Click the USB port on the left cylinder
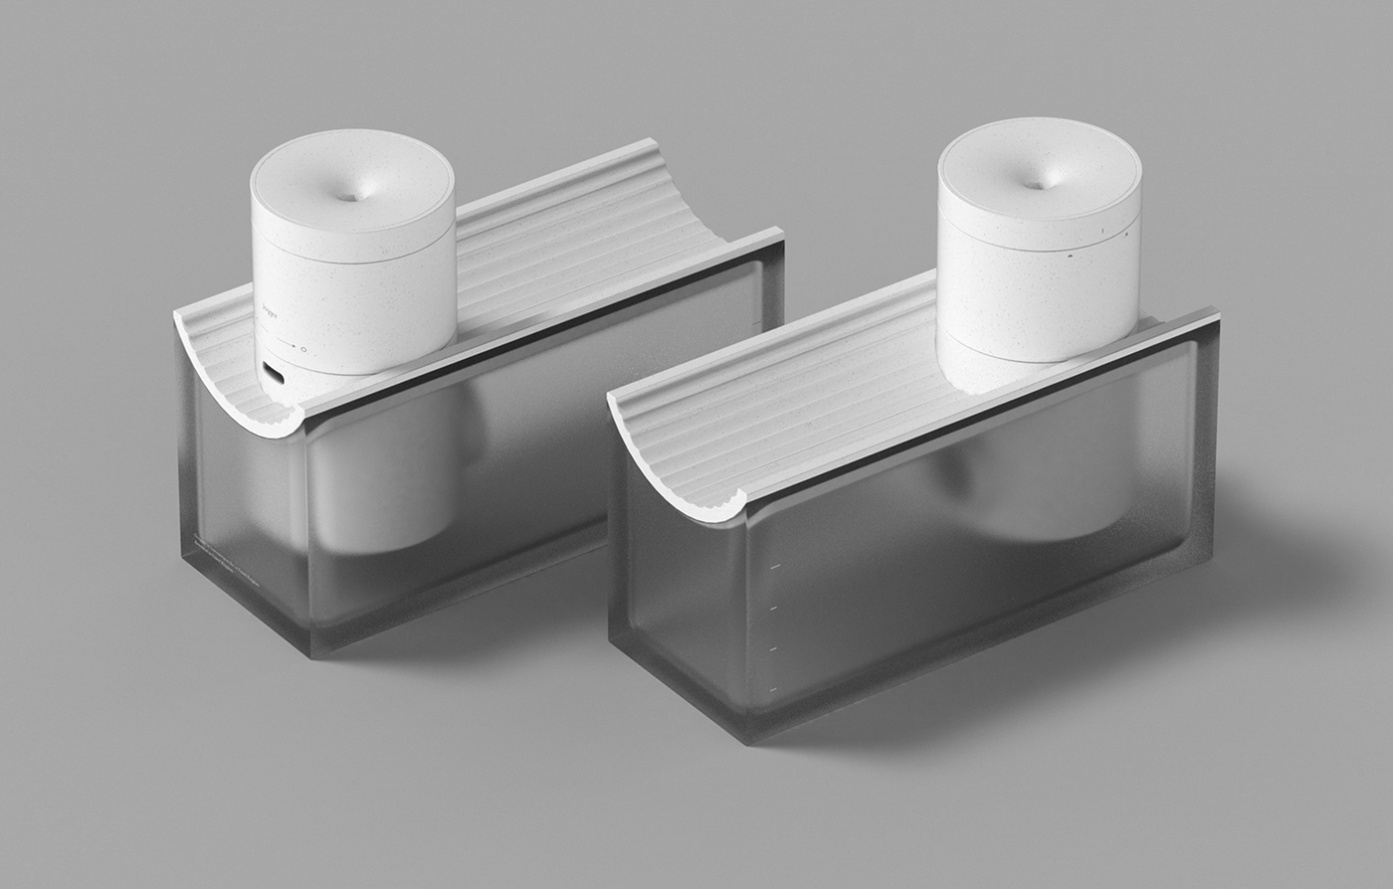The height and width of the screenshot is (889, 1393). pyautogui.click(x=271, y=374)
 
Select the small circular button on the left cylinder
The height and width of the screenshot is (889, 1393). pyautogui.click(x=302, y=349)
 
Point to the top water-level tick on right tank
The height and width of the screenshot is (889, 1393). pyautogui.click(x=774, y=569)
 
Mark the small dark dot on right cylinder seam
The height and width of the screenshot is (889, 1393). pyautogui.click(x=1069, y=257)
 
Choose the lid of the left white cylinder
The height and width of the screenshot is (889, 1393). pyautogui.click(x=353, y=199)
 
